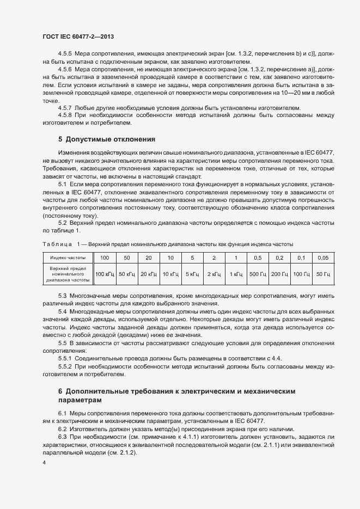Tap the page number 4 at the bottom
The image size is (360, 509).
point(44,462)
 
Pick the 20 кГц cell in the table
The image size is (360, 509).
point(149,274)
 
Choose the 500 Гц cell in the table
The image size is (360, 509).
point(258,274)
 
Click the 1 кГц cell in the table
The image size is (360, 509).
point(236,274)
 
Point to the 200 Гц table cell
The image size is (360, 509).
point(279,274)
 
